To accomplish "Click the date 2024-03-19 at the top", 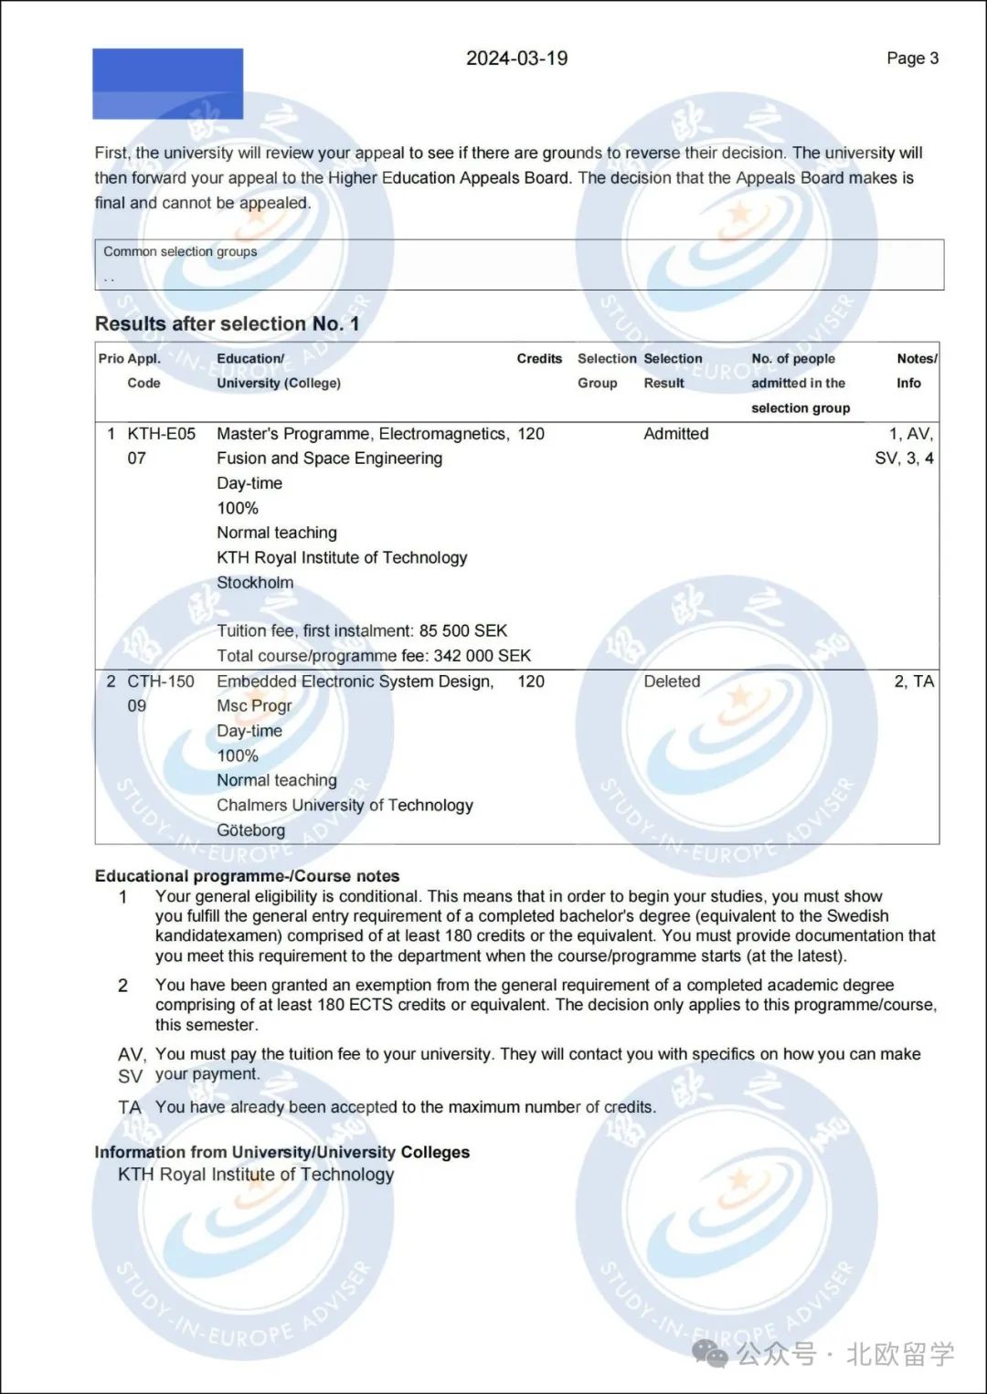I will (516, 58).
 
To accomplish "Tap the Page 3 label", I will (912, 58).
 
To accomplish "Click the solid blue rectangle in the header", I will (168, 84).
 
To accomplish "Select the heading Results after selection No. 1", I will (227, 324).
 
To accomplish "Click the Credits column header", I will (539, 359).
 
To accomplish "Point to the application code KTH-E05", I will (161, 434).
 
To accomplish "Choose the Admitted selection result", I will (675, 434).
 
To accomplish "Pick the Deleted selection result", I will (672, 681).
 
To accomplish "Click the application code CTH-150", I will (161, 681).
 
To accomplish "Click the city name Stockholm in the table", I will (255, 583).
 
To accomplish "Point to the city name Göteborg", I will (250, 830).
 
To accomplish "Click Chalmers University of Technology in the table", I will (345, 806).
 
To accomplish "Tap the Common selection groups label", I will (180, 251).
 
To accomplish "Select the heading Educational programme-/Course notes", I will (247, 876).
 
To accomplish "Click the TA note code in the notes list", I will (130, 1107).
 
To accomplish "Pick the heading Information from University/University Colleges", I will (281, 1153).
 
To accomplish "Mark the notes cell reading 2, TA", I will (914, 681).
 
